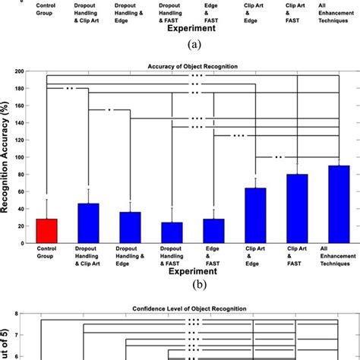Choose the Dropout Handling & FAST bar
pos(172,232)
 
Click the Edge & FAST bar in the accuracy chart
pos(213,231)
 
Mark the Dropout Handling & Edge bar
pos(131,227)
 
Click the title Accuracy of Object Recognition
pos(192,65)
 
